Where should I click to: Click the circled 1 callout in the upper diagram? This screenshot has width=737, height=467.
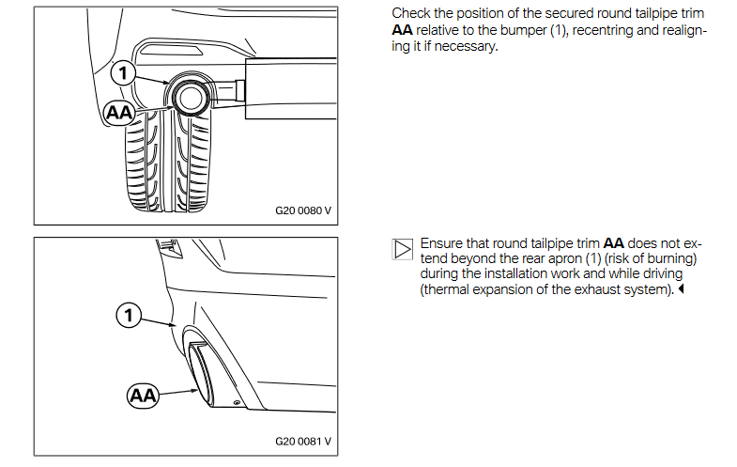coord(123,73)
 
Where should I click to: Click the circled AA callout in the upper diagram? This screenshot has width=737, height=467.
coord(119,113)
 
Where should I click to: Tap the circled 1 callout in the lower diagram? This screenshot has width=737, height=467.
coord(129,315)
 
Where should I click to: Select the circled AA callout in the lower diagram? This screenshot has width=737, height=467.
coord(143,396)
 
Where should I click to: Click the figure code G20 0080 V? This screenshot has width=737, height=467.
coord(303,210)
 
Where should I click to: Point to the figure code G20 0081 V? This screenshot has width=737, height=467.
coord(303,441)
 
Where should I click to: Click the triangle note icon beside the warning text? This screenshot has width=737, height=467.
coord(403,249)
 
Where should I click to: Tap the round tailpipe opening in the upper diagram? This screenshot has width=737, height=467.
coord(190,98)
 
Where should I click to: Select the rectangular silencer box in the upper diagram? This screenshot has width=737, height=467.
coord(290,88)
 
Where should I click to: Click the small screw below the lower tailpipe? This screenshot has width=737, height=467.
coord(237,402)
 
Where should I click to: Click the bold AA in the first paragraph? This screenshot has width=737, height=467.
coord(402,30)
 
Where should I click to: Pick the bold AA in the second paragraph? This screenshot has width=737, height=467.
coord(613,243)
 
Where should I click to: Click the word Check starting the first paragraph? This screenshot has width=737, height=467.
coord(410,13)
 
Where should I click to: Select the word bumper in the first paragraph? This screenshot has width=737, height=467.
coord(523,30)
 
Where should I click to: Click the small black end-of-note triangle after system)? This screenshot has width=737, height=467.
coord(681,288)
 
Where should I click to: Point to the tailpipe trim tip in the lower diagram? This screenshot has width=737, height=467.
coord(201,374)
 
